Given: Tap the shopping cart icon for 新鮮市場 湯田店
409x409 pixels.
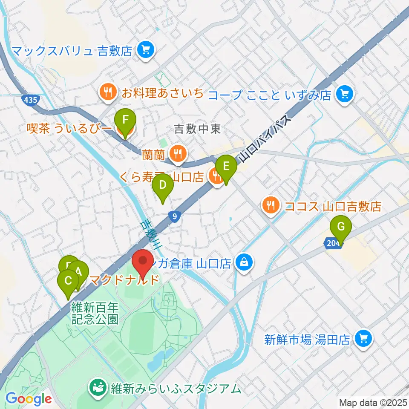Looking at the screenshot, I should (x=363, y=339).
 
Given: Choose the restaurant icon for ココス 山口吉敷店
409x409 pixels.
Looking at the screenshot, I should (x=271, y=206).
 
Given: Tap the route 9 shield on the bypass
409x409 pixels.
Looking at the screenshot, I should (x=174, y=216).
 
